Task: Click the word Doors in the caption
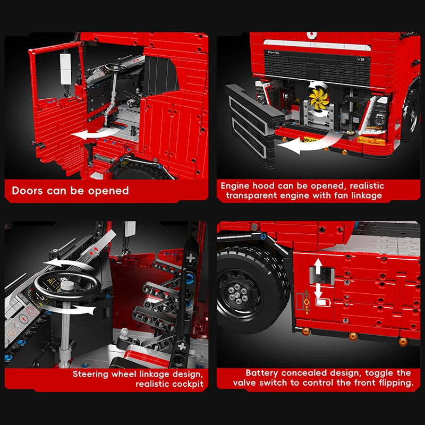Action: [28, 191]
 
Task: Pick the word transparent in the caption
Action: [253, 195]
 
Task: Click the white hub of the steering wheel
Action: [67, 285]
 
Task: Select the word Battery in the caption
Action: [262, 373]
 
